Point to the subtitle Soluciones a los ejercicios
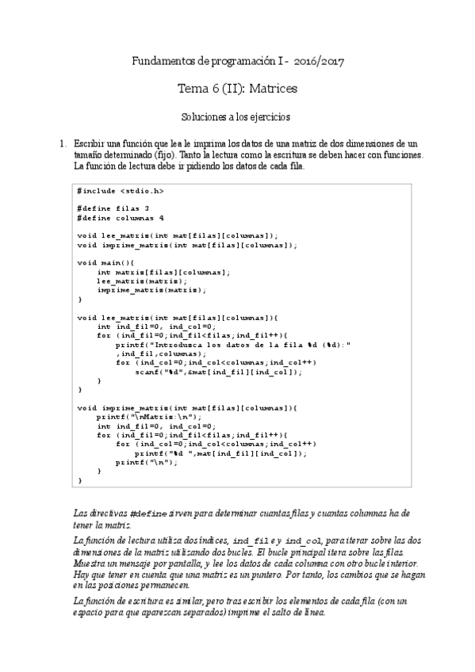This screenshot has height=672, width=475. click(x=236, y=116)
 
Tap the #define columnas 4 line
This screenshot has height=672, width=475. click(x=121, y=217)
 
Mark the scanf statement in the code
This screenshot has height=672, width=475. click(x=219, y=372)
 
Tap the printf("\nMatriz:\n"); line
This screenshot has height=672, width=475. click(x=150, y=417)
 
